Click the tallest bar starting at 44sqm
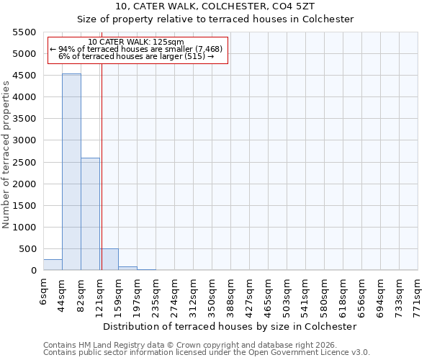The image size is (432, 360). point(71,173)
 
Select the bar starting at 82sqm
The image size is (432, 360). point(90,215)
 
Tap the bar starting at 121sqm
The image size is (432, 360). point(109,260)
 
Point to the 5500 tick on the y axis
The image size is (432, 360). point(24,32)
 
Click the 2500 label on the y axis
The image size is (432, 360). point(24,163)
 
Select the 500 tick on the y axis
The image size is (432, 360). point(27,249)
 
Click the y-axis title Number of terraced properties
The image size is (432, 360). point(6,155)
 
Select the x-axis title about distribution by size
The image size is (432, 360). point(230,326)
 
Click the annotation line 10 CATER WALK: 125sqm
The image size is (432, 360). point(136,42)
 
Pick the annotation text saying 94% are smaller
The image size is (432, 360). point(136,49)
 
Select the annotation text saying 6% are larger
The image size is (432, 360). point(136,56)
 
